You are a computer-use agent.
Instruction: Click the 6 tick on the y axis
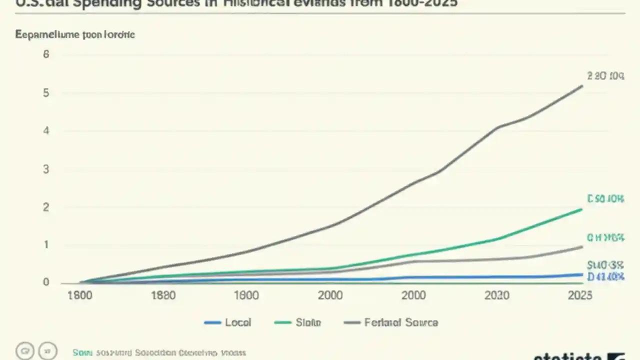(x=46, y=54)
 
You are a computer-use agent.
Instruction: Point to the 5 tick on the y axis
(x=46, y=93)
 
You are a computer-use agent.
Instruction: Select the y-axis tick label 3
(x=46, y=169)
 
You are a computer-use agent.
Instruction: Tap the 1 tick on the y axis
(x=46, y=245)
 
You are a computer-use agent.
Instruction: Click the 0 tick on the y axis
(x=46, y=282)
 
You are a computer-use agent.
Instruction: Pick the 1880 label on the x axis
(x=163, y=295)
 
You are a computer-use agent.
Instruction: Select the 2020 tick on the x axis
(x=497, y=295)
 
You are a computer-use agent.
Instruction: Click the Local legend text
(x=238, y=322)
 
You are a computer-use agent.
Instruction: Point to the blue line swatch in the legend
(x=212, y=323)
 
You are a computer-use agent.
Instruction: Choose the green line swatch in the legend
(x=282, y=323)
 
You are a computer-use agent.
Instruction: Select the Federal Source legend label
(x=401, y=322)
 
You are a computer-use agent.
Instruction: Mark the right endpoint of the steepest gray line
(x=582, y=86)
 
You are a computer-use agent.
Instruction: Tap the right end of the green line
(x=582, y=209)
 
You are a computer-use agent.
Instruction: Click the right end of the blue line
(x=582, y=274)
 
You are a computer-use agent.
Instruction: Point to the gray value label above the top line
(x=605, y=76)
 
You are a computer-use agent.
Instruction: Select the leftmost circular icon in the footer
(x=24, y=351)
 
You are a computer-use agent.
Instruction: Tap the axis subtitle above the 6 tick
(x=75, y=34)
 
